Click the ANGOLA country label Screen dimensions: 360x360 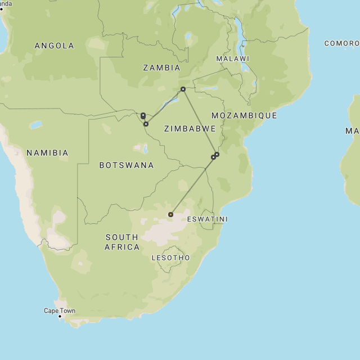(54, 46)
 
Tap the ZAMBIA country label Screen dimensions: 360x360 (161, 67)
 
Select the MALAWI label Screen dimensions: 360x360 (232, 58)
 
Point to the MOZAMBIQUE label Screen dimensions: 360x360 (244, 115)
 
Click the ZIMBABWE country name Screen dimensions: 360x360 (190, 129)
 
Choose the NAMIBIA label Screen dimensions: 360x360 (47, 152)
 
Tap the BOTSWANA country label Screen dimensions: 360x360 (127, 165)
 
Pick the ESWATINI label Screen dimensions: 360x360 (208, 219)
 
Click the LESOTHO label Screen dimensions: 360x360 (171, 258)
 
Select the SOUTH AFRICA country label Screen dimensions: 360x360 (122, 242)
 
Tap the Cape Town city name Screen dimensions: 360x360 (60, 310)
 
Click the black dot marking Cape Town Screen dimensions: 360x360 (60, 316)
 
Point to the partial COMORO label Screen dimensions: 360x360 (341, 43)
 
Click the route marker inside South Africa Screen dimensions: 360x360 (170, 214)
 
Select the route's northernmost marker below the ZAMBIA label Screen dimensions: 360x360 (183, 89)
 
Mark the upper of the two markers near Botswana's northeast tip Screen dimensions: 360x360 (143, 115)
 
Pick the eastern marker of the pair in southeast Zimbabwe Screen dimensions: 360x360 (217, 154)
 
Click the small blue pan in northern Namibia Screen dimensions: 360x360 (37, 124)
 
